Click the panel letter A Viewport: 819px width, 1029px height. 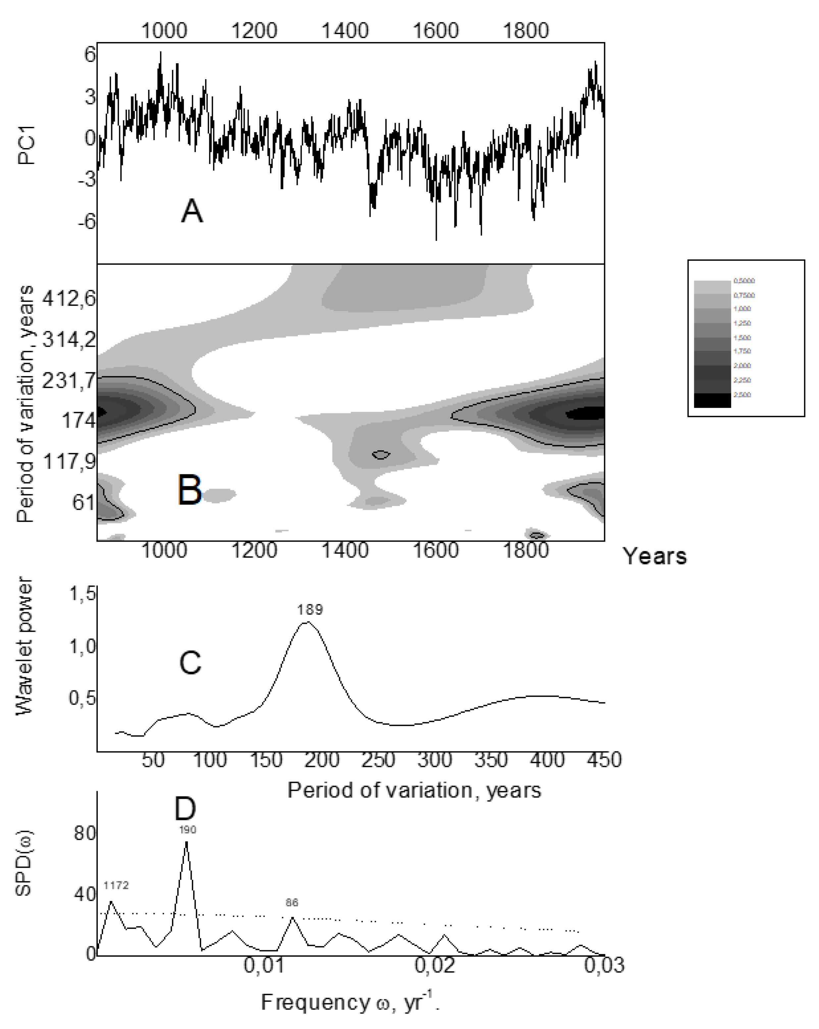pos(192,211)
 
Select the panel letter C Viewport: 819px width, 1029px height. pos(190,663)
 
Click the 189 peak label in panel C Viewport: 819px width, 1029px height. pos(310,610)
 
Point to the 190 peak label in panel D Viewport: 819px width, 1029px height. pos(187,830)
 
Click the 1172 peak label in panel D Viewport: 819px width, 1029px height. pos(116,885)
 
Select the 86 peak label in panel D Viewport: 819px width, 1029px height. pos(291,902)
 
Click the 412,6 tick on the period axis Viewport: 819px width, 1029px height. pos(69,299)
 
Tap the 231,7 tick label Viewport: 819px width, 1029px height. pos(69,381)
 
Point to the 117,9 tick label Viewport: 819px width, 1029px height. pos(70,461)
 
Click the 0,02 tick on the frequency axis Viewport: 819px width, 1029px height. pos(434,965)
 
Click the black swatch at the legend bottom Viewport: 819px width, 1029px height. pos(712,400)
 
